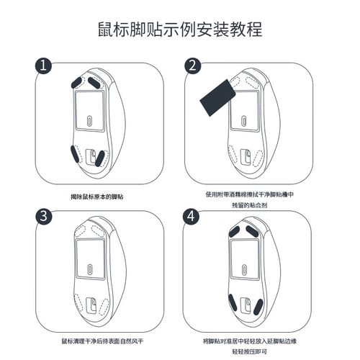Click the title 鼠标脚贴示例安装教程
tap(179, 30)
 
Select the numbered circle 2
tap(193, 66)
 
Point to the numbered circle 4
tap(193, 215)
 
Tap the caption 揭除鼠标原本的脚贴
tap(97, 196)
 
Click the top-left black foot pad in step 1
tap(78, 80)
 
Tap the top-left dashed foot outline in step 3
tap(78, 230)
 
